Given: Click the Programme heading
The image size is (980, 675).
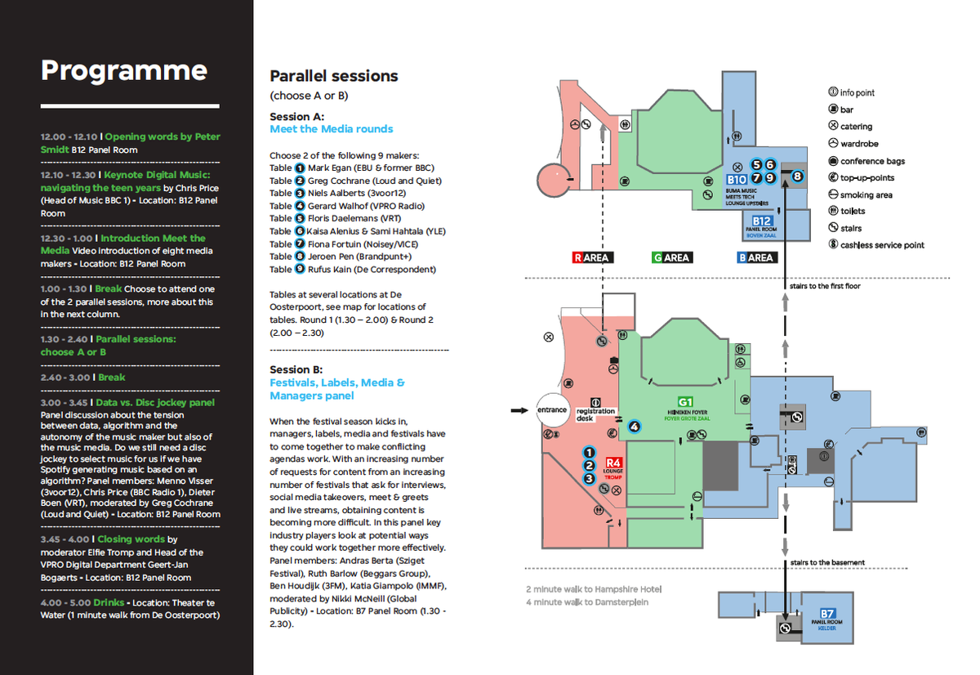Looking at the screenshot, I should [x=124, y=70].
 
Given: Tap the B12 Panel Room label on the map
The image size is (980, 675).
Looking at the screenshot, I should [x=762, y=225].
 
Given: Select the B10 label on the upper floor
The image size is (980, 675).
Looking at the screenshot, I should [x=737, y=179].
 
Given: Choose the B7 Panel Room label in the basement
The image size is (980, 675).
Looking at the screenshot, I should [x=827, y=618].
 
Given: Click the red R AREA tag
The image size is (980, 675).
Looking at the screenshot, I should [x=592, y=257].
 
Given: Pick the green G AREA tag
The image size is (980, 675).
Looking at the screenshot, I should [x=671, y=257].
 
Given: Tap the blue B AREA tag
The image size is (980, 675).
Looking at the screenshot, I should [x=755, y=257].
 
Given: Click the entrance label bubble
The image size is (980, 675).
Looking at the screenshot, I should [x=552, y=410].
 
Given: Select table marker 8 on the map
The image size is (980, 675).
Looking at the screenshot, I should [x=797, y=176].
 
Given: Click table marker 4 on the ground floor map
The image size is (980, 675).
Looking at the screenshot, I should [x=632, y=425].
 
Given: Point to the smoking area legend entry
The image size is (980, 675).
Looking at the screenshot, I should [x=860, y=195].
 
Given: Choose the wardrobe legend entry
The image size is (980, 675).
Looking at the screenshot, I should [x=857, y=144].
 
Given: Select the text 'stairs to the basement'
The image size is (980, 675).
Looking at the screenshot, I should [x=827, y=562].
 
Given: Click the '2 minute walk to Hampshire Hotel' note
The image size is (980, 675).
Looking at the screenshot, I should [x=593, y=589].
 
